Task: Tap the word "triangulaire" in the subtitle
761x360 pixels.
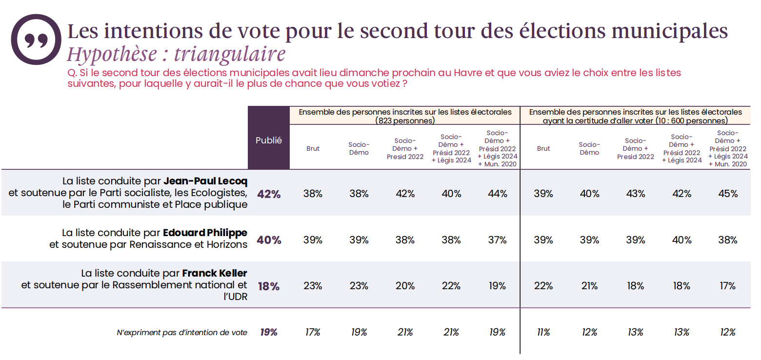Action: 229,54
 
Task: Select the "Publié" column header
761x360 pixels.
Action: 269,140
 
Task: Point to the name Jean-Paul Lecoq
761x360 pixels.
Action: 205,181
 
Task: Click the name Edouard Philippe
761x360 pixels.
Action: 205,233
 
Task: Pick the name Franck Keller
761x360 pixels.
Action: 215,273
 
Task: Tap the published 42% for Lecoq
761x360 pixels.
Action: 269,194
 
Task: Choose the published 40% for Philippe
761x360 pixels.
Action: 269,240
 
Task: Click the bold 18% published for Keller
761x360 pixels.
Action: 269,286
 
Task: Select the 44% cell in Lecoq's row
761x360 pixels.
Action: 497,194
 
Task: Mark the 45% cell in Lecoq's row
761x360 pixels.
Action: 727,194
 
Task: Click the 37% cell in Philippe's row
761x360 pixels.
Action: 497,240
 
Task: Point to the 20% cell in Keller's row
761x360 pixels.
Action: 405,286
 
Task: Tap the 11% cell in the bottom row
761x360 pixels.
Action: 543,332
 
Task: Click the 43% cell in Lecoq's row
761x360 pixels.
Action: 635,194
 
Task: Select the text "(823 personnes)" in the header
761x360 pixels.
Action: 405,120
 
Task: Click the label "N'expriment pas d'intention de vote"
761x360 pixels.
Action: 182,333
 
